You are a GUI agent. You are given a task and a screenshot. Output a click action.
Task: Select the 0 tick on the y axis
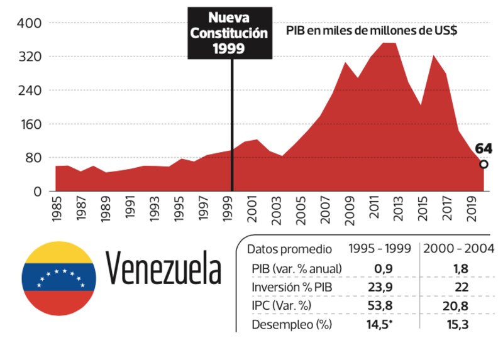coord(37,191)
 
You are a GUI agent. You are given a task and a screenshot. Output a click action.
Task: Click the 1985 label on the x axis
coord(57,210)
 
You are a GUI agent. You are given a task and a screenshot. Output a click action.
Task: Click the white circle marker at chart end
coord(484,165)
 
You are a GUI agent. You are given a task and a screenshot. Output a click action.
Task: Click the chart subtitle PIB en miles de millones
coord(371,31)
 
